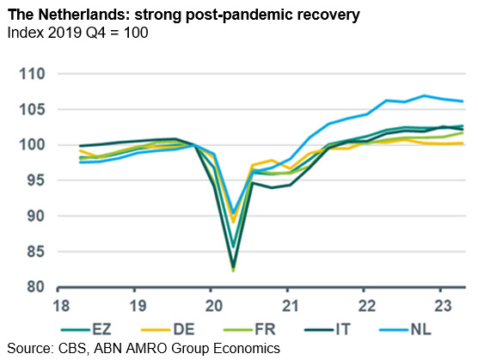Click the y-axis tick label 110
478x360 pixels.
32,74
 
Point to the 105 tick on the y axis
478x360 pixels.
32,110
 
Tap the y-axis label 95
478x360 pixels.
36,180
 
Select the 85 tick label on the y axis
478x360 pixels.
36,252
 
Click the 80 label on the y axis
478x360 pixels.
36,287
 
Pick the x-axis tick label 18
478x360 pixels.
61,306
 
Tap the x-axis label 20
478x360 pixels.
214,306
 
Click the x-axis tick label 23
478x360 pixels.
444,306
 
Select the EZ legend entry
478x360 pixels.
86,330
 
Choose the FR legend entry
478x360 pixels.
249,330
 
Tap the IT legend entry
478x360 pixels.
328,330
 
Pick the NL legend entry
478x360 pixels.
405,330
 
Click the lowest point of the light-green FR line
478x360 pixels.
234,271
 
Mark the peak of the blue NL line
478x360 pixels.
424,95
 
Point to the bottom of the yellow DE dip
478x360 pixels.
234,222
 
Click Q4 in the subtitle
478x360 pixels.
95,33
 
